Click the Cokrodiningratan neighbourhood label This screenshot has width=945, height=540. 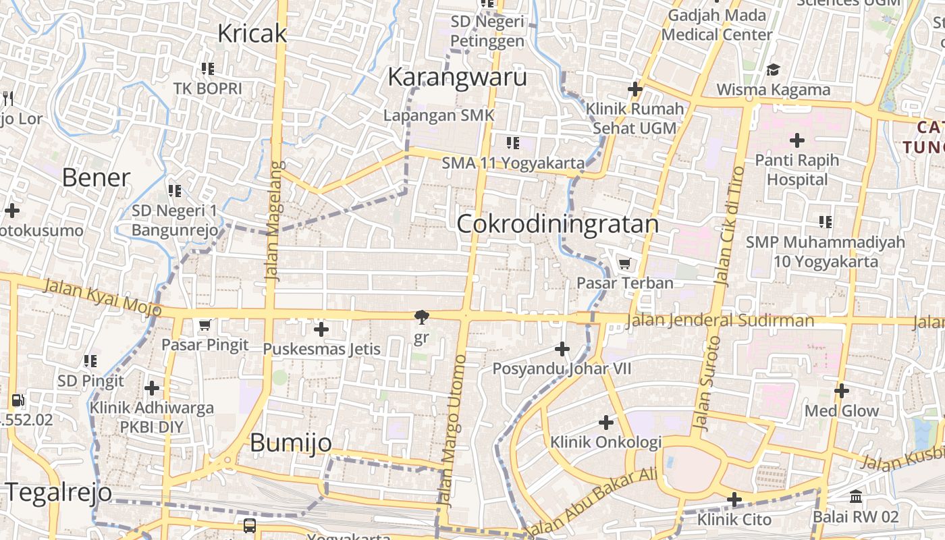click(x=558, y=224)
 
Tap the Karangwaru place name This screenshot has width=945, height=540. click(x=457, y=77)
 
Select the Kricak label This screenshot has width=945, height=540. click(x=252, y=34)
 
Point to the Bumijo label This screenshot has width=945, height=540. click(x=291, y=443)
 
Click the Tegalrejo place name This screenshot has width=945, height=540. click(x=59, y=492)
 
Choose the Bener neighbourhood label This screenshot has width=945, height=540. click(x=96, y=178)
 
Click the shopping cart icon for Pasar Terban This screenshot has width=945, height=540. click(x=625, y=263)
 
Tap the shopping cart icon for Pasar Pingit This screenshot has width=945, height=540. click(x=205, y=325)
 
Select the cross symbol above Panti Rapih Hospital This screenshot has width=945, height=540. click(x=797, y=140)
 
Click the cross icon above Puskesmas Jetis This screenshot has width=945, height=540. click(x=321, y=329)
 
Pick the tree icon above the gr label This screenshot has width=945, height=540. click(x=421, y=317)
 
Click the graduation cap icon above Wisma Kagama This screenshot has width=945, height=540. click(x=773, y=70)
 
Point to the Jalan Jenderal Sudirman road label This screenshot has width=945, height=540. click(x=720, y=321)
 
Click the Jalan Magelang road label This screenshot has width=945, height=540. click(x=272, y=221)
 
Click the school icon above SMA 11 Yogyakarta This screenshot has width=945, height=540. click(x=513, y=142)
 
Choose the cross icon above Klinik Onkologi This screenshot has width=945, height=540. click(x=606, y=423)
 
